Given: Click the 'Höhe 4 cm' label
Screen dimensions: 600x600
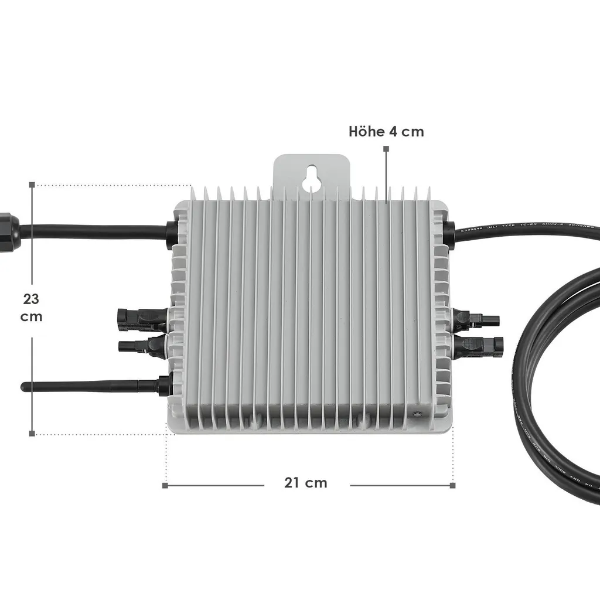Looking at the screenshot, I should point(386,131).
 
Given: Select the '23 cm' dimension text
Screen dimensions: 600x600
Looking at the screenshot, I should point(31,308).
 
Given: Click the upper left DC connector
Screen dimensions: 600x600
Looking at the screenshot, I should point(141,316).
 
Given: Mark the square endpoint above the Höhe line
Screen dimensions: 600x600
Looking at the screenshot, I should point(386,149).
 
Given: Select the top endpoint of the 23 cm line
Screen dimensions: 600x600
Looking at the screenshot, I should point(32,185).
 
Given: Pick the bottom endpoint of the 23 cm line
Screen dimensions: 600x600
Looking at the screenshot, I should point(32,434).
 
